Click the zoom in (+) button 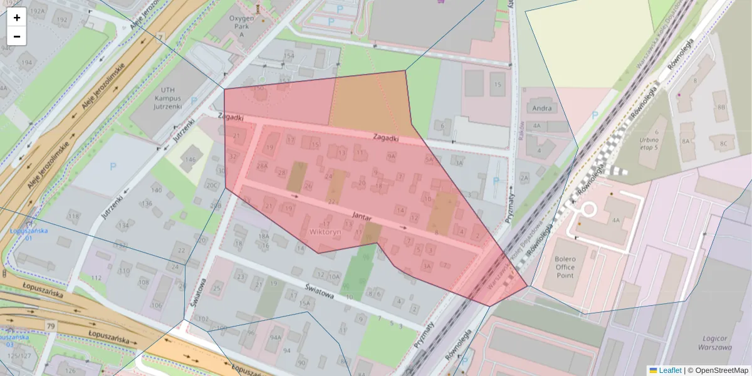pos(17,17)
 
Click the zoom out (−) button pos(17,36)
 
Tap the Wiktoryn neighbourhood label pos(325,232)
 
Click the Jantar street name pos(362,215)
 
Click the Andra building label pos(541,108)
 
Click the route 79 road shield pos(50,326)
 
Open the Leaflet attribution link pos(669,370)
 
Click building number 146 pos(190,160)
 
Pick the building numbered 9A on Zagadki pos(391,156)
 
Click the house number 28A pos(262,166)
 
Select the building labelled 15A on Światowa pos(305,303)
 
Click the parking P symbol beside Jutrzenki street pos(113,167)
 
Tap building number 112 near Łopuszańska pos(96,278)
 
